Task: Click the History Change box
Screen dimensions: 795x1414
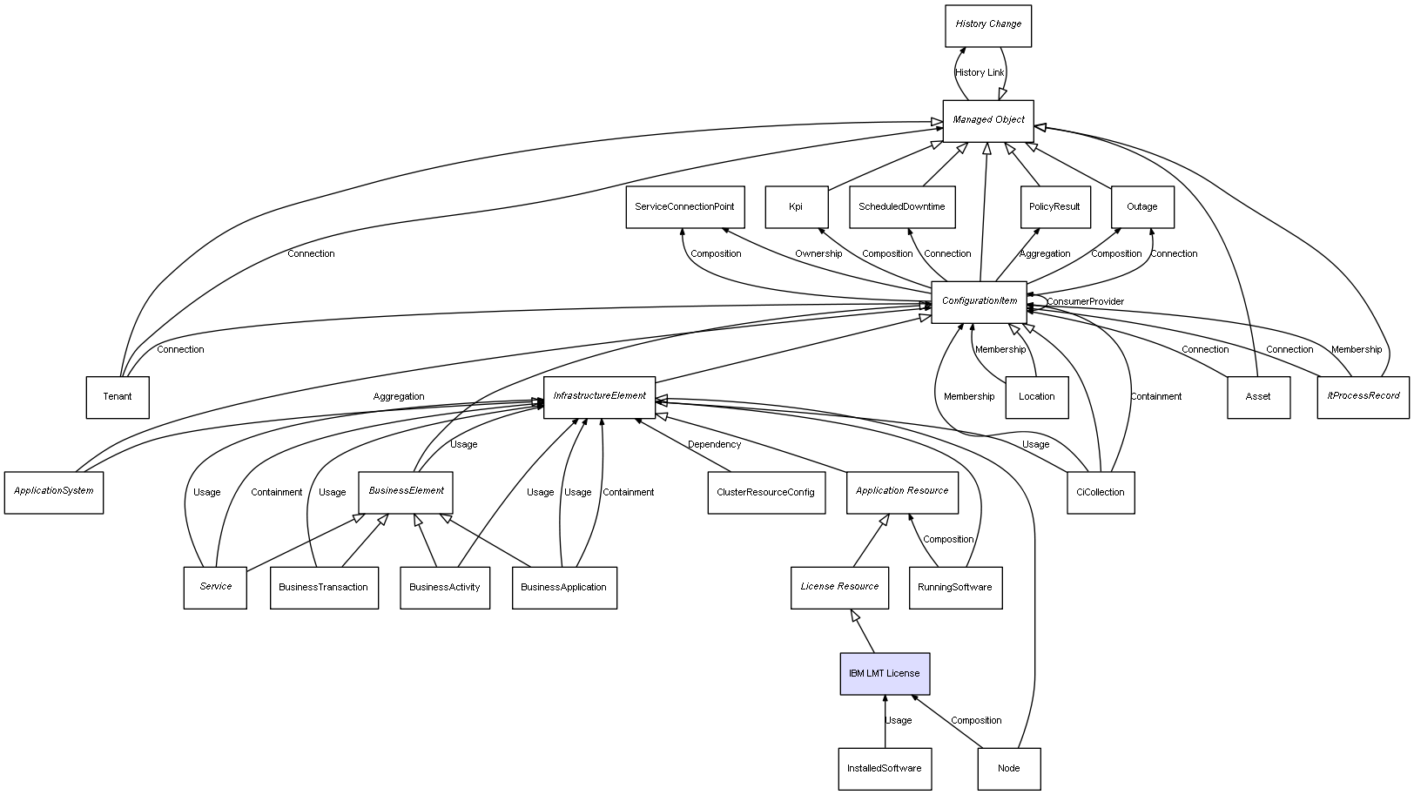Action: coord(987,25)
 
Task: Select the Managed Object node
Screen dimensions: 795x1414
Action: coord(987,120)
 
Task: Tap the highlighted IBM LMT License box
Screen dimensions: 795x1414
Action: coord(884,673)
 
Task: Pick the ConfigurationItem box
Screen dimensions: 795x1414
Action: coord(979,301)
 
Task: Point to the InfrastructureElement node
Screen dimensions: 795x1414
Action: coord(599,396)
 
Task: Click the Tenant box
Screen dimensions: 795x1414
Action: coord(118,397)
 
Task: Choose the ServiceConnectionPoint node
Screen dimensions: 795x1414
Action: coord(684,207)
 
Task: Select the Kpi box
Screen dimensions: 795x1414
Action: coord(796,207)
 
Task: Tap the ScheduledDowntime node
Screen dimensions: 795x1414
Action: coord(901,207)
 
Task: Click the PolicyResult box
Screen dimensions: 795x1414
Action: coord(1054,207)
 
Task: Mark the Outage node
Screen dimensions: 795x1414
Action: coord(1141,207)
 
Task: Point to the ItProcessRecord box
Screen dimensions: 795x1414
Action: coord(1363,396)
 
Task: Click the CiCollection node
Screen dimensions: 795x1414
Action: coord(1100,492)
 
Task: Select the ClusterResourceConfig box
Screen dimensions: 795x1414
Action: coord(765,492)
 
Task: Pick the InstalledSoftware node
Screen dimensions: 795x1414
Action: coord(884,768)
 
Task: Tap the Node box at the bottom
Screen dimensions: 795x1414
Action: coord(1008,768)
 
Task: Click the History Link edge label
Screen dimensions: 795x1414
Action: coord(979,73)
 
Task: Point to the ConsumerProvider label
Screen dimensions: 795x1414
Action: coord(1085,302)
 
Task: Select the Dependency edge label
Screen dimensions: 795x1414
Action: coord(714,445)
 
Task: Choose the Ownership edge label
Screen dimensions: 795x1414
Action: coord(818,254)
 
